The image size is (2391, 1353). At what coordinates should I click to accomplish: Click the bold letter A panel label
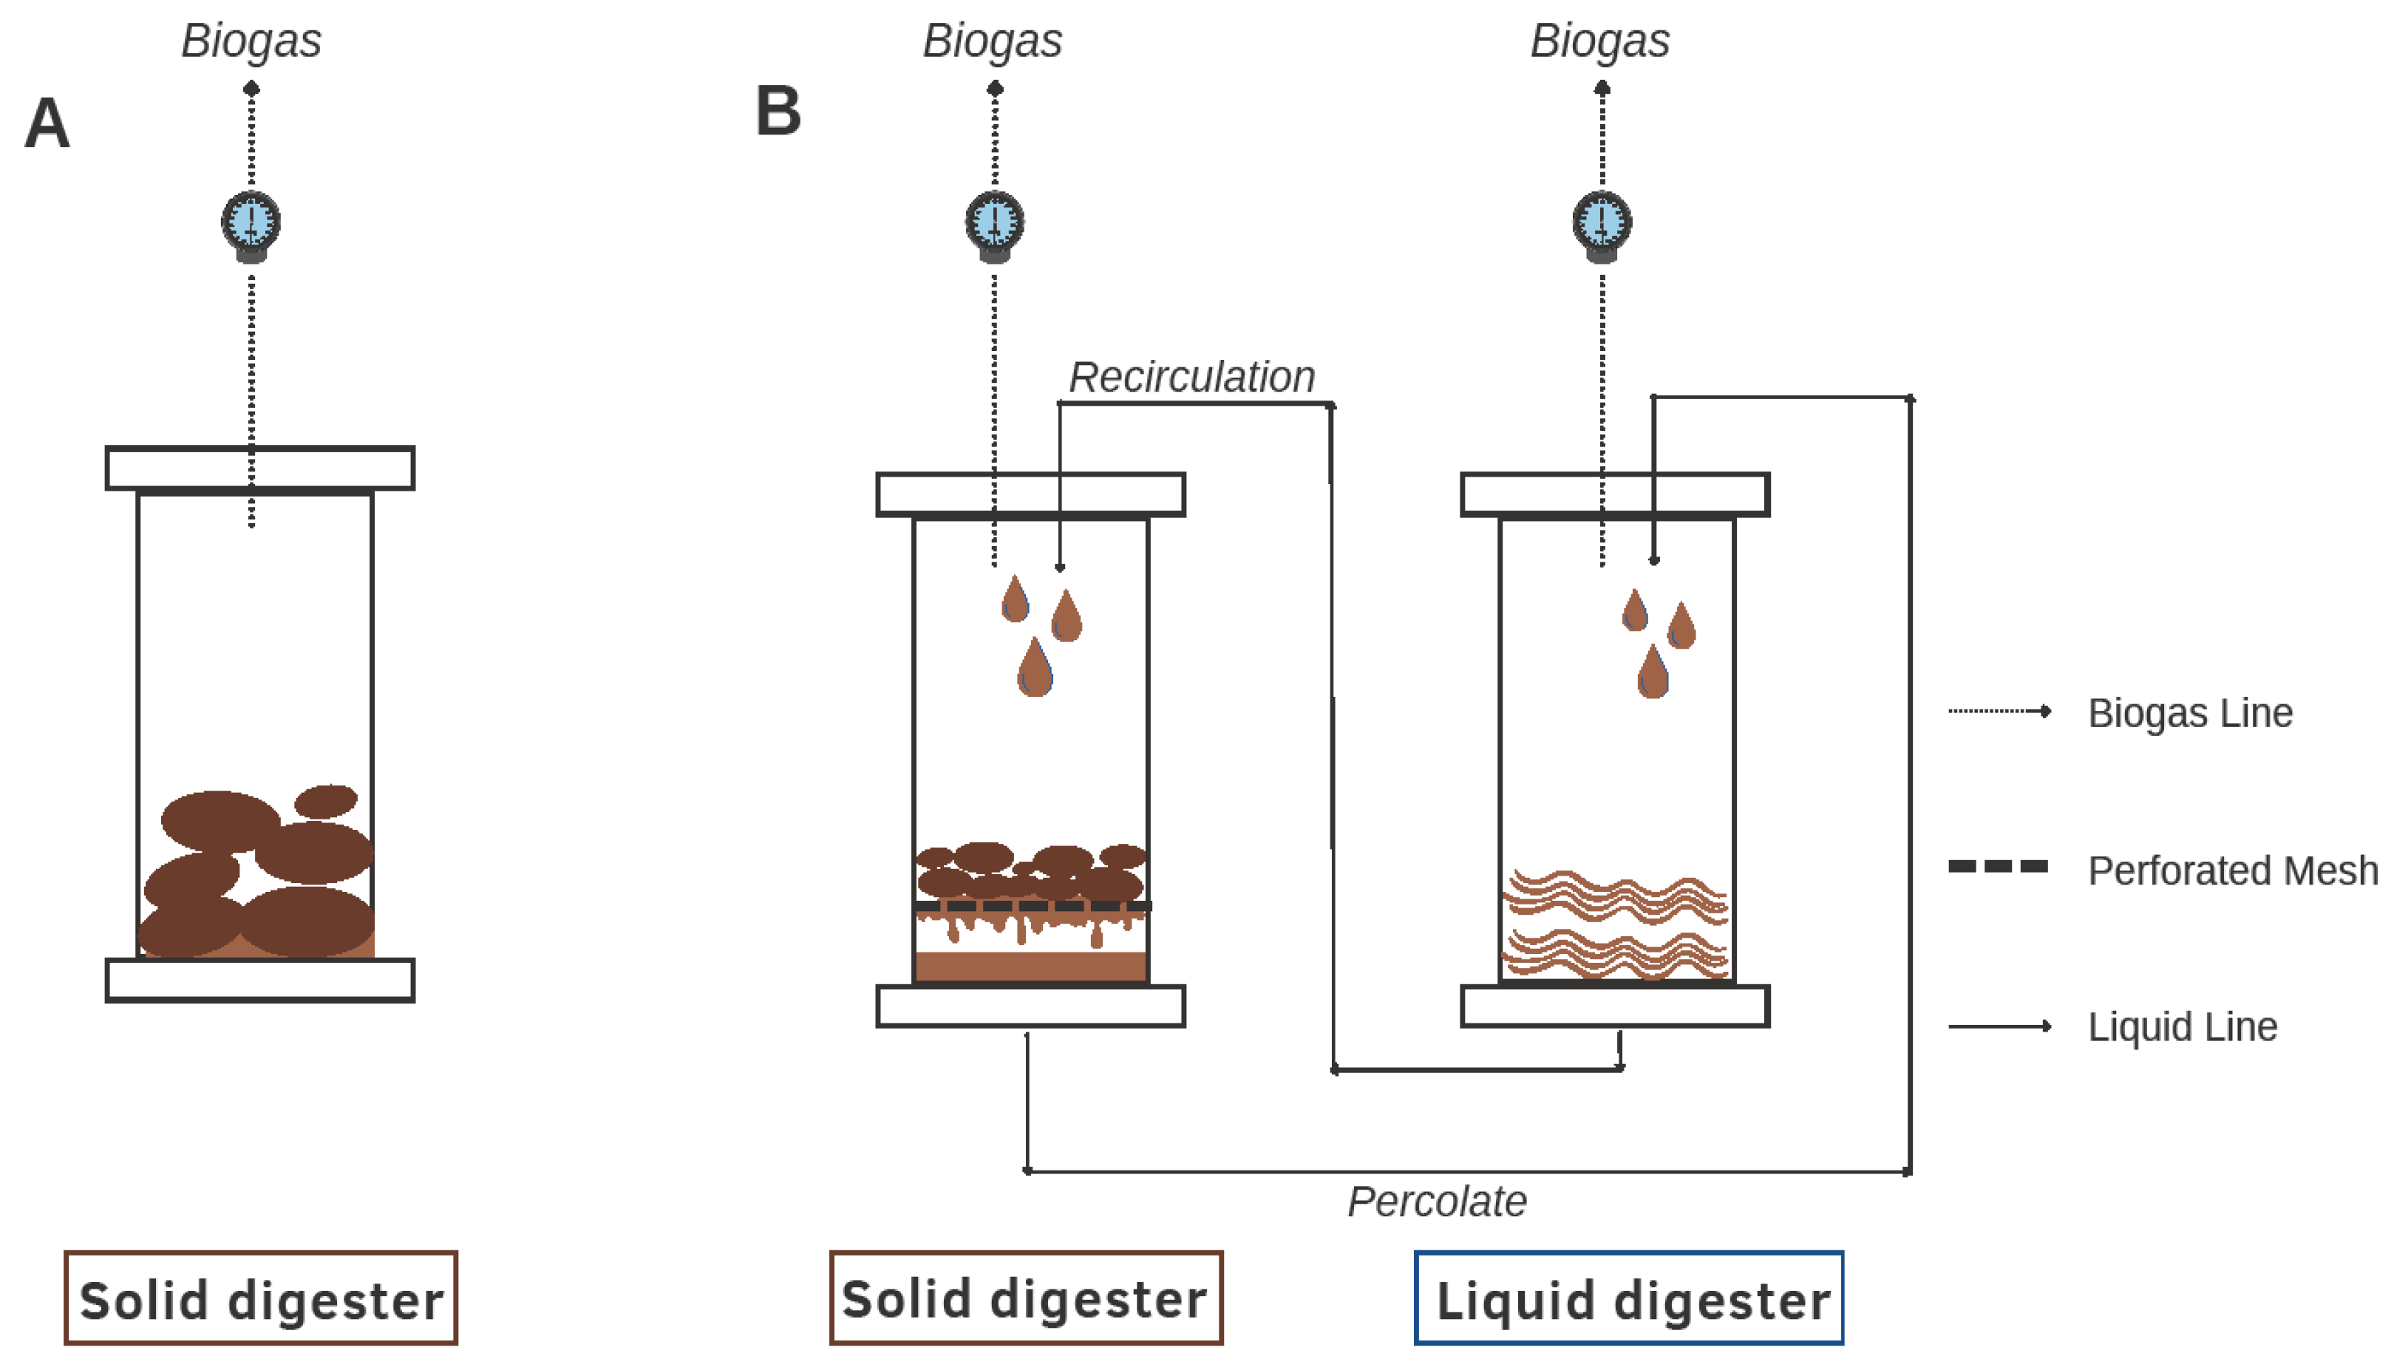[47, 123]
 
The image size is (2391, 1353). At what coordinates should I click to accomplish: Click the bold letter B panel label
[778, 112]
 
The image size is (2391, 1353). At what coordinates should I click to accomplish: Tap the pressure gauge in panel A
[251, 224]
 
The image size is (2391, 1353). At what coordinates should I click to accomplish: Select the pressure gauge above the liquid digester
[1601, 224]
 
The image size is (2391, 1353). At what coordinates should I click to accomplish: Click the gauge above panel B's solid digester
[994, 224]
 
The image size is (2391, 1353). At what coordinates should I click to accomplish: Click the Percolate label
[1437, 1202]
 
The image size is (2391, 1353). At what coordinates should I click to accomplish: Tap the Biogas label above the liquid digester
[1599, 41]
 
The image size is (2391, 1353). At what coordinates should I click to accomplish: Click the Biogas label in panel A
[251, 41]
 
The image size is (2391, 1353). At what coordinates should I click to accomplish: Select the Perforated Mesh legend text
[2232, 870]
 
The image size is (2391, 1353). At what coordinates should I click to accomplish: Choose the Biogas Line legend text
[2189, 713]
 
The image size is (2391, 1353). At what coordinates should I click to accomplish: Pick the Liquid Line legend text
[2182, 1027]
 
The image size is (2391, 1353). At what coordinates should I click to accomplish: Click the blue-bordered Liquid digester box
[1628, 1298]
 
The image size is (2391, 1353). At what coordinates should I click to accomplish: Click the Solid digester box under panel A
[260, 1298]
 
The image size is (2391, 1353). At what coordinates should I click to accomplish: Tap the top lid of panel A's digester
[260, 468]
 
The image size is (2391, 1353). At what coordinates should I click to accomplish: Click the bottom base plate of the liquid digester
[1615, 1006]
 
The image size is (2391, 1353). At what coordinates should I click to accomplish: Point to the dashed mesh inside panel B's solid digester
[1032, 905]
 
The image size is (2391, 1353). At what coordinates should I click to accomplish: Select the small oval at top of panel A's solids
[325, 801]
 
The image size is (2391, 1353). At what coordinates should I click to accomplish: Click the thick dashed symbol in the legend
[1998, 866]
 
